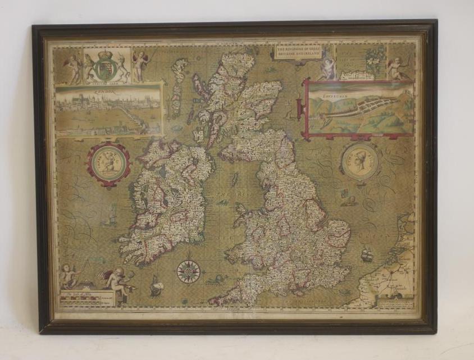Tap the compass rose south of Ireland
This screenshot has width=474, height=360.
(x=188, y=271)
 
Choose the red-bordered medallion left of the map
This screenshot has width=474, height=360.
(x=108, y=164)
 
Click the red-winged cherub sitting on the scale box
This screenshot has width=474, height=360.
(x=117, y=279)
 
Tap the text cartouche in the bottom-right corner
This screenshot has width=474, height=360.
(x=396, y=304)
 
